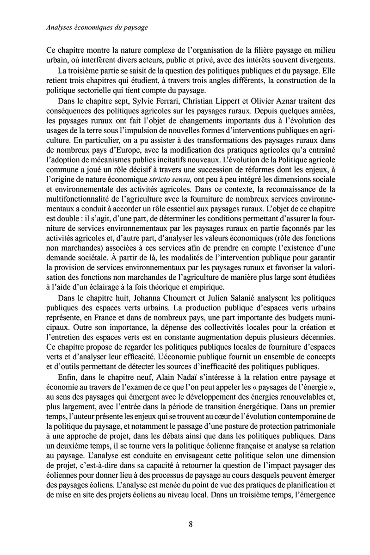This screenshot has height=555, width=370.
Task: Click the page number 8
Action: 191,524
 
